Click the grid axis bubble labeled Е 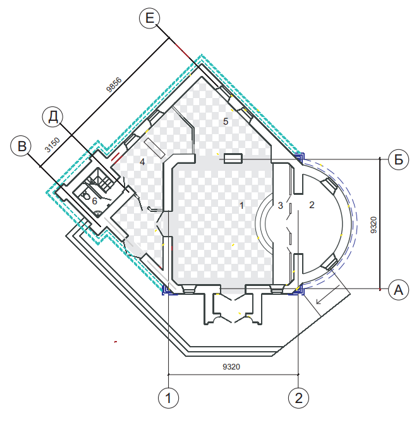tap(149, 18)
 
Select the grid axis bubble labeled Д tap(52, 117)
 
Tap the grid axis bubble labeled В tap(21, 146)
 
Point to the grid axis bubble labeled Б tap(399, 159)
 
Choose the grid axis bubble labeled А tap(399, 290)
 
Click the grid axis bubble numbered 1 tap(168, 398)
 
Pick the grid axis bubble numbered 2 tap(298, 398)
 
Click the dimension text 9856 tap(114, 85)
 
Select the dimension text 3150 tap(52, 145)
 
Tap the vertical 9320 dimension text tap(374, 225)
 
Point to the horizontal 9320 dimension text tap(231, 366)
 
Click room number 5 tap(226, 121)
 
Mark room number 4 tap(142, 162)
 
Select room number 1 tap(241, 206)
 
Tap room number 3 tap(281, 206)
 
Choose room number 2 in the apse tap(312, 205)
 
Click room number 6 tap(94, 201)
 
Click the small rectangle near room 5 tap(233, 159)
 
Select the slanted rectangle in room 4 tap(154, 148)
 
